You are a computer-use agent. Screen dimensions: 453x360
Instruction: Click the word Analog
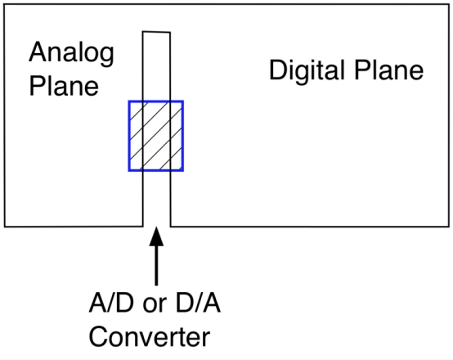coord(72,54)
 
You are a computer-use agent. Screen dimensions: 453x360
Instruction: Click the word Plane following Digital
coord(388,70)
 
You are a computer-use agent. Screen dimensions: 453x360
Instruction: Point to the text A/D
coord(111,303)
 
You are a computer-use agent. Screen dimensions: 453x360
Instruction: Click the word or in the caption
coord(155,306)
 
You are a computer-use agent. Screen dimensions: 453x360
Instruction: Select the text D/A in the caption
coord(198,303)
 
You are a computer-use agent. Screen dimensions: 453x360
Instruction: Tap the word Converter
coord(150,336)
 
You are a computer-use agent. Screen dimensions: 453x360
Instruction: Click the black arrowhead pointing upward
coord(156,236)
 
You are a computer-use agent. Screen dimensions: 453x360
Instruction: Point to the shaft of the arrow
coord(156,265)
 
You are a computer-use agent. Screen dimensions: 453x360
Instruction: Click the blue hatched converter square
coord(156,136)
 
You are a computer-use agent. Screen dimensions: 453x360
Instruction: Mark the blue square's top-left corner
coord(129,101)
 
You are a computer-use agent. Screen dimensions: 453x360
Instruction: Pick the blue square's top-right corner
coord(183,101)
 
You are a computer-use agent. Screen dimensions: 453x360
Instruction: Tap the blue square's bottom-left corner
coord(129,171)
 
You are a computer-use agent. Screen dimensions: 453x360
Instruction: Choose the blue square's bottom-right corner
coord(183,171)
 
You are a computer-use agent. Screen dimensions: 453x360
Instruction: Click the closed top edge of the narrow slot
coord(156,32)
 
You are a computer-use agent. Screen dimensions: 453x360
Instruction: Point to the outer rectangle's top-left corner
coord(4,5)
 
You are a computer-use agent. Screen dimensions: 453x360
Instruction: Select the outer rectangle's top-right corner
coord(449,5)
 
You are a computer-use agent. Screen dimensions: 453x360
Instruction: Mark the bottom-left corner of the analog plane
coord(5,227)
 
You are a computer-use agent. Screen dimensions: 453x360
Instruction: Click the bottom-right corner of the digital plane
coord(449,227)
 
